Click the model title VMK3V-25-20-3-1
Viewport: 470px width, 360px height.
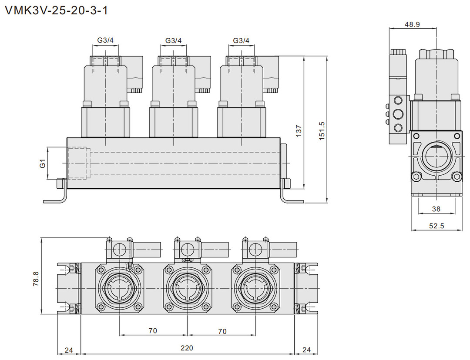(56, 10)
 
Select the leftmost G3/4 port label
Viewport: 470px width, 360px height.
(105, 40)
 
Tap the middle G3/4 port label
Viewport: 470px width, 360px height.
(173, 40)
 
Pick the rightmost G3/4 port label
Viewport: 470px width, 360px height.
(241, 40)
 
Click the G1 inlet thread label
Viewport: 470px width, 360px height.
(42, 163)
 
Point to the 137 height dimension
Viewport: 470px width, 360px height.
(299, 130)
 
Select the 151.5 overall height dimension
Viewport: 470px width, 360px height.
(322, 130)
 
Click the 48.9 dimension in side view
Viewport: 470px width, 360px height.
(412, 24)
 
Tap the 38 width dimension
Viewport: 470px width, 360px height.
(436, 209)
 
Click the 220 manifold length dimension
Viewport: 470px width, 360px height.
(187, 348)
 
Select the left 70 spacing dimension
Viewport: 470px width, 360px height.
(152, 331)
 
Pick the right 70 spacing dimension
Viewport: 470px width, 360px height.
(222, 331)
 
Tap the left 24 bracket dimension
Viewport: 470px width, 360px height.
(69, 349)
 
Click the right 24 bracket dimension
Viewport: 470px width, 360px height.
(306, 349)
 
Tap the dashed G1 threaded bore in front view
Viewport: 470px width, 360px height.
(79, 163)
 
